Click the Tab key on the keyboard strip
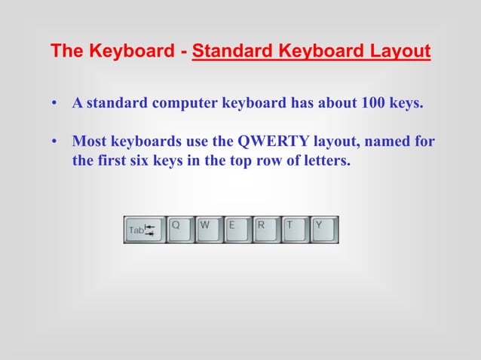(144, 230)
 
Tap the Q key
(180, 230)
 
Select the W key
(209, 230)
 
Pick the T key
(295, 230)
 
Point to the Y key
(324, 230)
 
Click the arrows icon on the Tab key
(150, 230)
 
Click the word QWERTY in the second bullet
(268, 142)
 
